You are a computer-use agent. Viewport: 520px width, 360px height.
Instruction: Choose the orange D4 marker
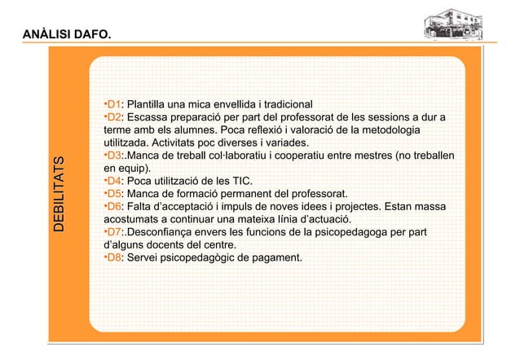click(x=114, y=181)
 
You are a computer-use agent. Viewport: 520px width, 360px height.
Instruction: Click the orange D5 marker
click(x=114, y=194)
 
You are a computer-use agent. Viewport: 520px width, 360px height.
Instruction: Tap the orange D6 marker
click(x=114, y=207)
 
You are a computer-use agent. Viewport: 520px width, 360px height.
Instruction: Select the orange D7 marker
click(x=114, y=232)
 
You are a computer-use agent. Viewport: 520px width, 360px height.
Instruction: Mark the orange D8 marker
click(x=114, y=258)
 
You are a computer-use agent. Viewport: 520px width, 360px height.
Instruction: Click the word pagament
click(x=275, y=258)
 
